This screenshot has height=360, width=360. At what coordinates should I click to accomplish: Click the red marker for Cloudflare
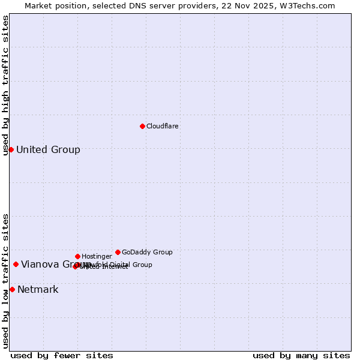142,126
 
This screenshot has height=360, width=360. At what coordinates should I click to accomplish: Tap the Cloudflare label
163,126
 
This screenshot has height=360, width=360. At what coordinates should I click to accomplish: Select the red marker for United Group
11,149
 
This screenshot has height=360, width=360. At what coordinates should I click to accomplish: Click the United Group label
48,149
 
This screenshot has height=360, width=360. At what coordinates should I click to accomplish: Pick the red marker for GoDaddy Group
118,252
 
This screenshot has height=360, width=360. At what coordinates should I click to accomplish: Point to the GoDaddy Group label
147,252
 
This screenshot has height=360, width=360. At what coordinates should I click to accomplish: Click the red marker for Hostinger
77,256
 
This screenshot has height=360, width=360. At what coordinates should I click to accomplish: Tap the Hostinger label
97,256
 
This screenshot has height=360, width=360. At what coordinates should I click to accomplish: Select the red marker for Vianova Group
16,264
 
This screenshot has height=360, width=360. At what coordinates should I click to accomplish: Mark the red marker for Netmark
12,289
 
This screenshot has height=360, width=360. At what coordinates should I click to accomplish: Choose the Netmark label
38,290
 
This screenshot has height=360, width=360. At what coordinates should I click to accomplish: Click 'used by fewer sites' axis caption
62,355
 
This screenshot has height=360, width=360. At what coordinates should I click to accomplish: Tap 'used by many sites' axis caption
301,355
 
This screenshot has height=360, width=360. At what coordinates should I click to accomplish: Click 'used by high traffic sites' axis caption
5,85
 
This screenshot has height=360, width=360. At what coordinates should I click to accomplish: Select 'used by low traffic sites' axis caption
5,281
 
